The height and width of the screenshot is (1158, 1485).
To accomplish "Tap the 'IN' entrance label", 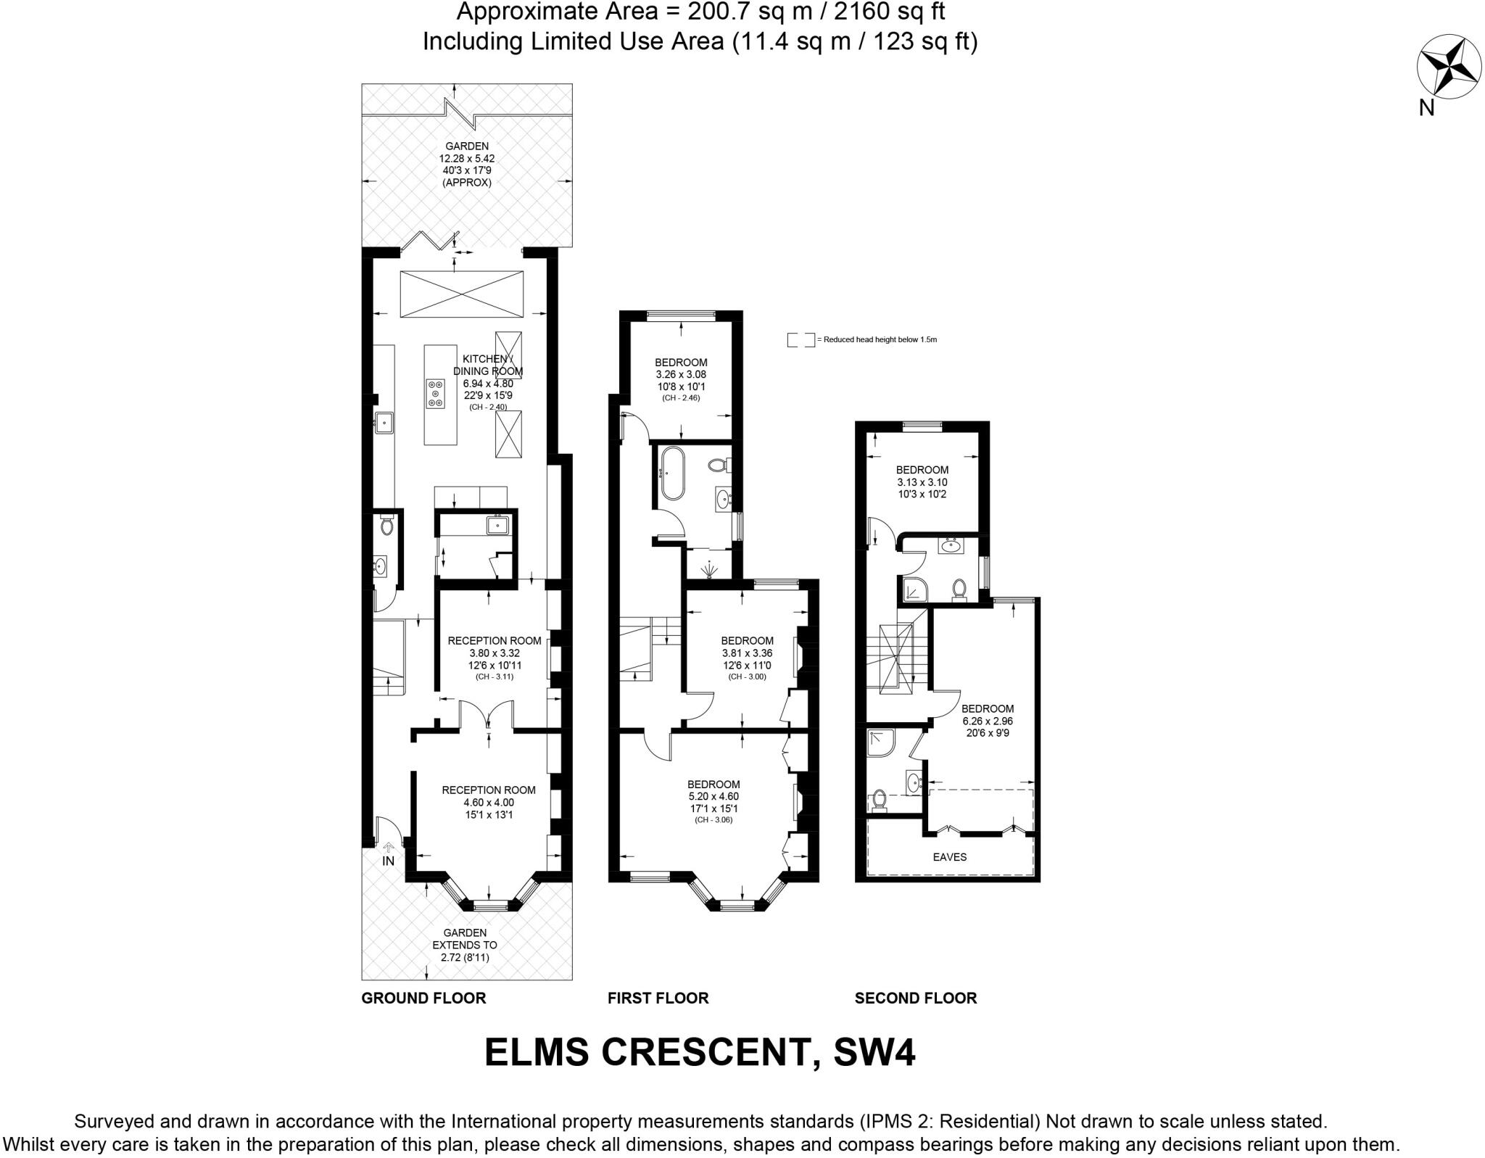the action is coord(388,861).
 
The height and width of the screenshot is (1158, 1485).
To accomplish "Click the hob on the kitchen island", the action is coord(436,394).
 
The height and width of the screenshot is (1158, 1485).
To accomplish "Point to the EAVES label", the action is coord(950,856).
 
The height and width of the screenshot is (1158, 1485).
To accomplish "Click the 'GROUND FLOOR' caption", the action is coord(423,998).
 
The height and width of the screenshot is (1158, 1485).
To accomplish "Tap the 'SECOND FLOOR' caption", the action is coord(916,998).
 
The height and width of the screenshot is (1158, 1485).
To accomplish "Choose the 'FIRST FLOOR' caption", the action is coord(658,998).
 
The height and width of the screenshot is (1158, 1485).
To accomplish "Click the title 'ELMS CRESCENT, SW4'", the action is coord(700,1052).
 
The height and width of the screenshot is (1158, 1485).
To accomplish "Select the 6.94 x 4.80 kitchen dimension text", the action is coord(488,384).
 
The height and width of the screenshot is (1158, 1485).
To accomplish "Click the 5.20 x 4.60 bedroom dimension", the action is coord(713,796).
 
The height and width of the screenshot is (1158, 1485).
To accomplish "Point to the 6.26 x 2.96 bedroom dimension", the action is coord(988,721).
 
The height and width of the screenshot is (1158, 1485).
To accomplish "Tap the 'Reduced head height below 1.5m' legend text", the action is coord(880,339).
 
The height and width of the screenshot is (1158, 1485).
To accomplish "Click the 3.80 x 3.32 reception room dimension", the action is coord(495,653).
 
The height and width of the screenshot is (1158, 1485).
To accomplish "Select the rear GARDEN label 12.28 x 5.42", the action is coord(467,165).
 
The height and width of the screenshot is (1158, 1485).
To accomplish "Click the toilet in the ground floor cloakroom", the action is coord(386,524).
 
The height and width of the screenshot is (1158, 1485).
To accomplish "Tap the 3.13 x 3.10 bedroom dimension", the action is coord(922,482).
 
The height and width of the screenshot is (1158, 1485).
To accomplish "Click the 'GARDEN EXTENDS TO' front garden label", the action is coord(465,938).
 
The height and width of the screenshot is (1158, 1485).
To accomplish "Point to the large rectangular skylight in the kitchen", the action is coord(461,294).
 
